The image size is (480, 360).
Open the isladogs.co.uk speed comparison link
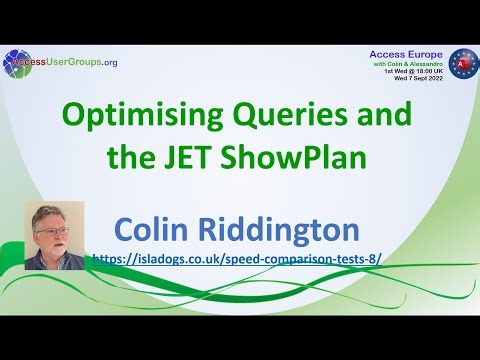(236, 257)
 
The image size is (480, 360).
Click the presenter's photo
(54, 235)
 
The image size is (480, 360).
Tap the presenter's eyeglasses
(53, 229)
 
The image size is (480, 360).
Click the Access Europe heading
(403, 56)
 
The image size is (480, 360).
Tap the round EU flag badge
(462, 65)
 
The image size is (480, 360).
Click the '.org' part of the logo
(109, 63)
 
